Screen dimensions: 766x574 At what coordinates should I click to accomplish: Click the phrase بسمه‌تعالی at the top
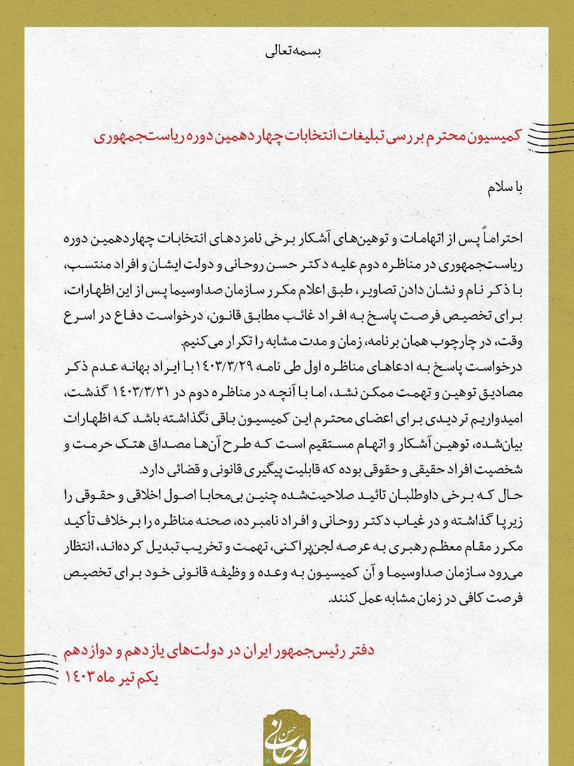[293, 51]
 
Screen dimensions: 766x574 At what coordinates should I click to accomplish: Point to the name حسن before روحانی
[320, 265]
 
